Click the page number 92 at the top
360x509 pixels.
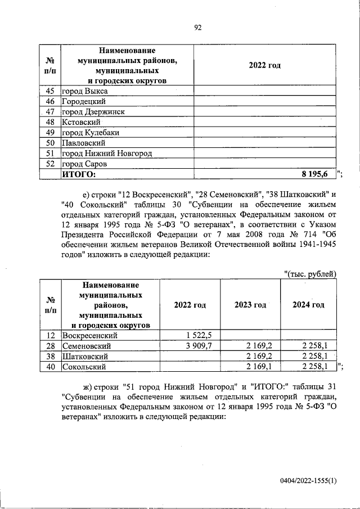[197, 27]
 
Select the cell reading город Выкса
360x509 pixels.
[85, 91]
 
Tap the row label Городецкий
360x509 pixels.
[84, 101]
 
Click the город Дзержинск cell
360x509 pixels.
[93, 112]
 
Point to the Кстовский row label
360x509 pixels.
[82, 122]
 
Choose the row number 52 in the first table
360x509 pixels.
[49, 164]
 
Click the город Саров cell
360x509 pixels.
[84, 164]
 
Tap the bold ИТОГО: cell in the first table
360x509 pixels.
[79, 174]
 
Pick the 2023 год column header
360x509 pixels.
[250, 305]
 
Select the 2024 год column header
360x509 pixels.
[308, 305]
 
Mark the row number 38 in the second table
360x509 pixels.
[49, 356]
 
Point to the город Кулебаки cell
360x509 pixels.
[91, 133]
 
